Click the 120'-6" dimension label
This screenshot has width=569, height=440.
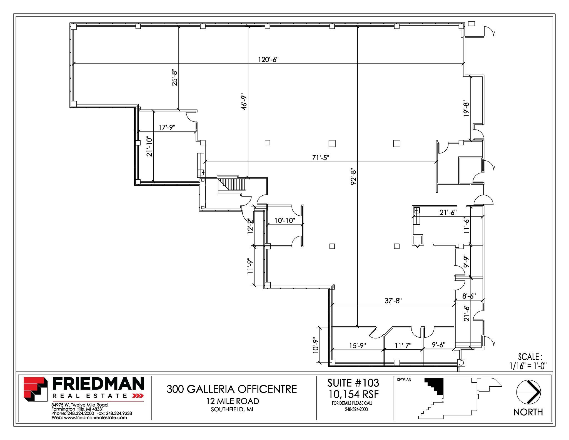coord(268,59)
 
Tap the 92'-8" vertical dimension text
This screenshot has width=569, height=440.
coord(353,177)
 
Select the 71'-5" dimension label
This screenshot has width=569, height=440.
coord(321,158)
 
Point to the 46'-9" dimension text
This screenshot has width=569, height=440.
coord(244,101)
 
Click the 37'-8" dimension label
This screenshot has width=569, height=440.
coord(393,300)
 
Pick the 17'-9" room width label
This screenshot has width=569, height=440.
coord(167,127)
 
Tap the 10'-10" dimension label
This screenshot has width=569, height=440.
coord(285,220)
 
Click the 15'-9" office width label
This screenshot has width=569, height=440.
coord(358,345)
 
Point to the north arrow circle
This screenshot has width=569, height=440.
coord(528,392)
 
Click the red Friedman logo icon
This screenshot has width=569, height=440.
coord(35,389)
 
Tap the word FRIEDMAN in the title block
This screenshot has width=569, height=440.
coord(98,384)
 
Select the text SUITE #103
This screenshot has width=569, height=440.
coord(353,383)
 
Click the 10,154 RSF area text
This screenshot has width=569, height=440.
coord(353,394)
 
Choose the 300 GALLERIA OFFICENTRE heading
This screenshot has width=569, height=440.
coord(232,389)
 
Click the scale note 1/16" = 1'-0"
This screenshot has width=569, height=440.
coord(528,366)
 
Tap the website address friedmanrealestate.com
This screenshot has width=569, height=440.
coord(95,417)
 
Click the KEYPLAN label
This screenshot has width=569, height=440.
coord(404,380)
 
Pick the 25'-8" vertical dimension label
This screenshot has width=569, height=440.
coord(174,78)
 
